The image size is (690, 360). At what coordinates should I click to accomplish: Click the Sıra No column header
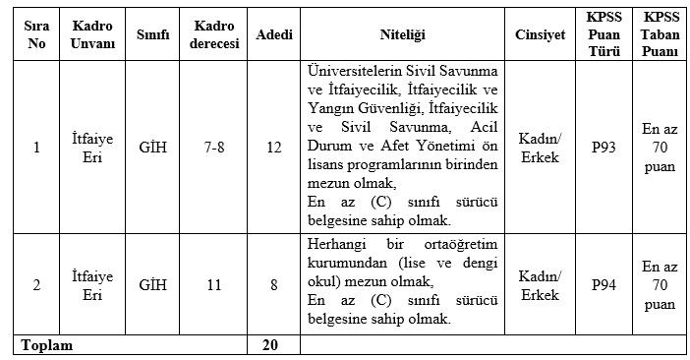[36, 33]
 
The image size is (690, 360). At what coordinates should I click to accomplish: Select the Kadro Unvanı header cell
[94, 33]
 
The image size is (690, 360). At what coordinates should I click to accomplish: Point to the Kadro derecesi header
[213, 33]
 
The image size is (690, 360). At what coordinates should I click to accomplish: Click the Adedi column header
[274, 33]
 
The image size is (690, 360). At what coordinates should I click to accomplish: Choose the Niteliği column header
[401, 33]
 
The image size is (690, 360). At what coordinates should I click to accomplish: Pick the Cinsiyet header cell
[540, 33]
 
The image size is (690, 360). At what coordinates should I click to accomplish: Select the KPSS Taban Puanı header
[660, 33]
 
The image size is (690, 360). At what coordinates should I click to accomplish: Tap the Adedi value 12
[274, 148]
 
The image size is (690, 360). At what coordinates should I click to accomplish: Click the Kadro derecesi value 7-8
[213, 148]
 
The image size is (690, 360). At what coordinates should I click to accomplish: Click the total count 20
[274, 345]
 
